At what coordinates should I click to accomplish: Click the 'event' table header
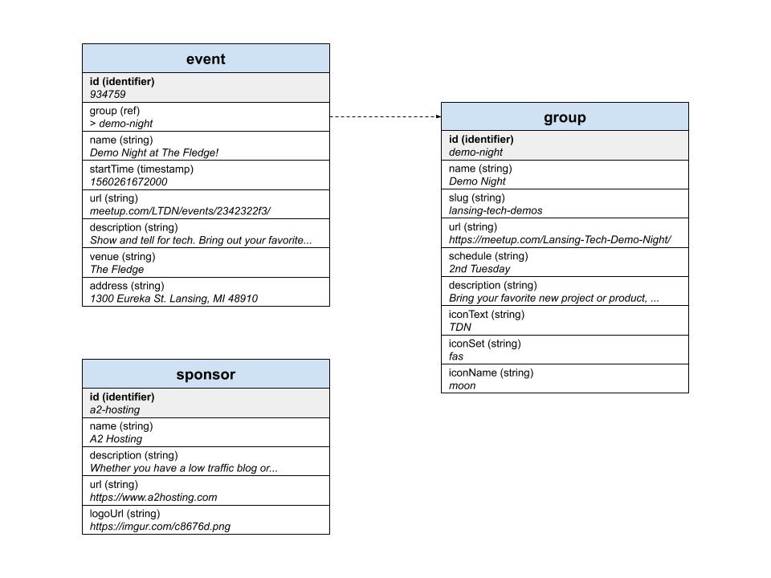[206, 59]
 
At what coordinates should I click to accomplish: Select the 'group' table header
[565, 117]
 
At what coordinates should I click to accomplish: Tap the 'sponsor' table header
[206, 375]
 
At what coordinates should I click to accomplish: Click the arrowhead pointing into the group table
[438, 116]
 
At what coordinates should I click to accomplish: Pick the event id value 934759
[108, 95]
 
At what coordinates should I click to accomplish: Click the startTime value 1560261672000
[128, 182]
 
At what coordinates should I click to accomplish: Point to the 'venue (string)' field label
[122, 257]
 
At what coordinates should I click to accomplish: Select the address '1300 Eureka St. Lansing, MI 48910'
[173, 299]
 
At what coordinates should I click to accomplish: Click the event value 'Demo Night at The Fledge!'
[154, 153]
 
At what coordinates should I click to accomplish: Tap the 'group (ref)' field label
[117, 111]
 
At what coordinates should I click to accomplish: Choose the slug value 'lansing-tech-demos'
[496, 210]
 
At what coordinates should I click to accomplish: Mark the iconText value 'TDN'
[460, 328]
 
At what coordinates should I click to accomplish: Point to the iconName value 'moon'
[463, 385]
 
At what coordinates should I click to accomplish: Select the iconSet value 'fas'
[456, 356]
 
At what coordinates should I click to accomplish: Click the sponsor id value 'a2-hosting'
[115, 410]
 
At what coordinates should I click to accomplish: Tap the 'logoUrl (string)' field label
[124, 514]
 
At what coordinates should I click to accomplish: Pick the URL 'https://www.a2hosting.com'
[153, 497]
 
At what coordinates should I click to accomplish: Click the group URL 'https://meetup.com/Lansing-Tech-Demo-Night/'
[560, 240]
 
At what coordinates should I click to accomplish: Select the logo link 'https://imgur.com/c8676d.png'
[161, 527]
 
